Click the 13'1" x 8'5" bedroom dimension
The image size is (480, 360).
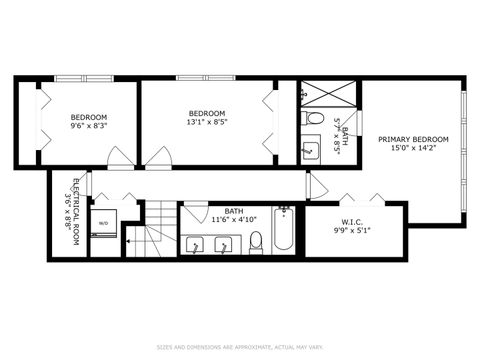click(x=207, y=123)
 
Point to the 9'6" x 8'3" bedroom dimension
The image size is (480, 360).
click(x=88, y=127)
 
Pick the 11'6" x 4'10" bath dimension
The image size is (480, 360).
click(x=234, y=219)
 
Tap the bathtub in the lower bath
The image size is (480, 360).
click(x=283, y=231)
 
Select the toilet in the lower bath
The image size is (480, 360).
click(x=256, y=241)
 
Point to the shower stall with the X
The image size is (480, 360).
click(x=328, y=95)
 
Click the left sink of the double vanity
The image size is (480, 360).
click(x=196, y=244)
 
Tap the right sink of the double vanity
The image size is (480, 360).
click(x=223, y=244)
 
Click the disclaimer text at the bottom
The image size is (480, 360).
click(x=240, y=347)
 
